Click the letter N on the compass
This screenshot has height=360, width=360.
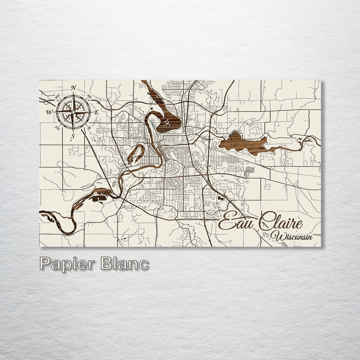(x=74, y=88)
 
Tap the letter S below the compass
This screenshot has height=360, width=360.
(x=73, y=136)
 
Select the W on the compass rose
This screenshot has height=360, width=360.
(x=50, y=112)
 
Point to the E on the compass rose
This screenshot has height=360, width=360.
(x=97, y=112)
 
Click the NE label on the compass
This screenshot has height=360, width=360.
(x=89, y=97)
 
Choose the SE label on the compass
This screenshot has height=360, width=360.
(x=89, y=128)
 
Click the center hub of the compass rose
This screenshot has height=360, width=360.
(x=73, y=112)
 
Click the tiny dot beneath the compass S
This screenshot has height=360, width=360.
(x=72, y=141)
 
